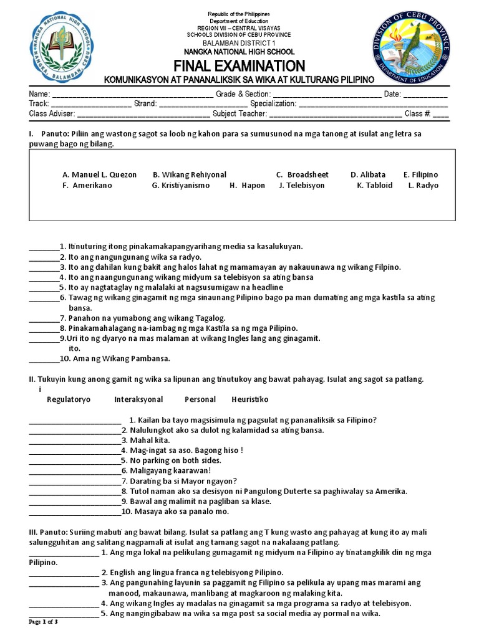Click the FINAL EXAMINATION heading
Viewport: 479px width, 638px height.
click(239, 66)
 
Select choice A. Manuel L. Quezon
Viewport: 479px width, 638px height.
click(99, 175)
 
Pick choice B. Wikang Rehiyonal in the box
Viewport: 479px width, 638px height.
click(190, 175)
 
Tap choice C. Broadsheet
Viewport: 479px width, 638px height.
click(302, 175)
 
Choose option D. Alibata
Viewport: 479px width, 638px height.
click(368, 175)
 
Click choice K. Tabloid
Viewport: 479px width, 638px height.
click(375, 186)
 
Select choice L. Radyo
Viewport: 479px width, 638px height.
click(423, 186)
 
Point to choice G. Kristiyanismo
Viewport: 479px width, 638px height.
click(181, 186)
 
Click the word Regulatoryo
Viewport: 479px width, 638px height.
click(69, 399)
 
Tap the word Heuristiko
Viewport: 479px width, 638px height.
click(249, 399)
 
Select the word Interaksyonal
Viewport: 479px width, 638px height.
click(138, 399)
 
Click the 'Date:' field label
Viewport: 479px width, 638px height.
click(392, 93)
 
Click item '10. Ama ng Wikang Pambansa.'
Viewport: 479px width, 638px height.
click(115, 358)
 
